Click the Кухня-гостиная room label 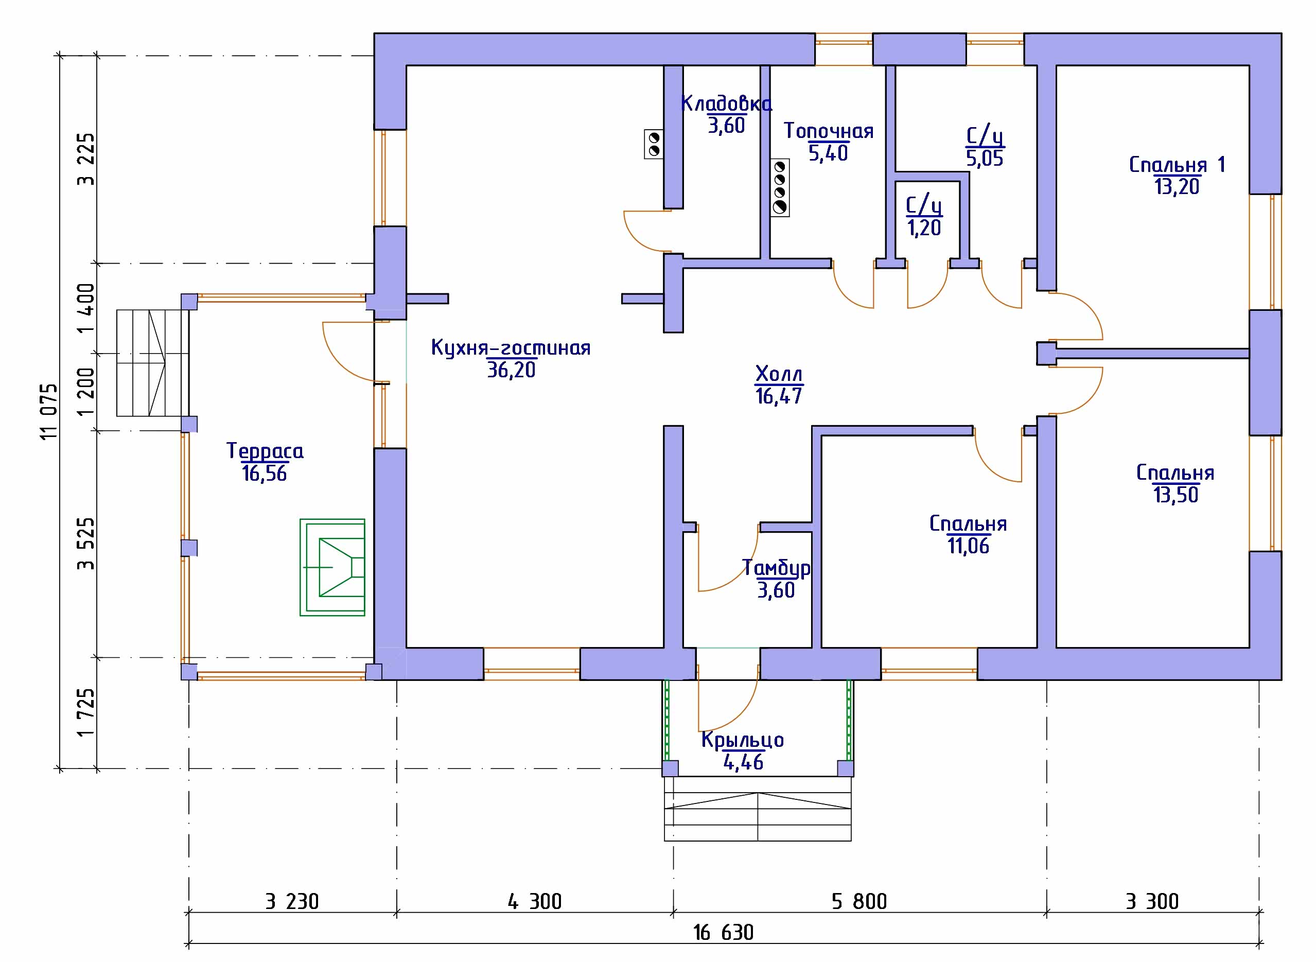pos(511,347)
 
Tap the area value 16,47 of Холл pos(779,396)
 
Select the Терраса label pos(265,451)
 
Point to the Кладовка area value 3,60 pos(726,125)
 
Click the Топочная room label pos(829,131)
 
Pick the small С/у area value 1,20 pos(924,228)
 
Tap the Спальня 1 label pos(1178,165)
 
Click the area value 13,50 pos(1175,495)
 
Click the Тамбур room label pos(776,568)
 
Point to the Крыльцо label pos(743,740)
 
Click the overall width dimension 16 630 pos(723,933)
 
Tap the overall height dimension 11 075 pos(50,412)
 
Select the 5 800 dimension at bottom pos(859,902)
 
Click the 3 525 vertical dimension pos(86,544)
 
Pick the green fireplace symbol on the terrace pos(332,567)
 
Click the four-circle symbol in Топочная pos(780,188)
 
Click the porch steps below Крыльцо pos(758,809)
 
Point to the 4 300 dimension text pos(535,902)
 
